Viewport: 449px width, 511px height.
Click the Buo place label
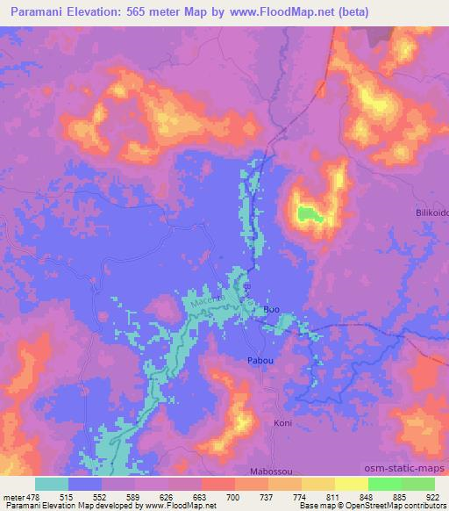(272, 310)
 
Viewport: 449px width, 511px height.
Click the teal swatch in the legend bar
(52, 484)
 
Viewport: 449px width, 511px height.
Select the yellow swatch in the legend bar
(351, 484)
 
